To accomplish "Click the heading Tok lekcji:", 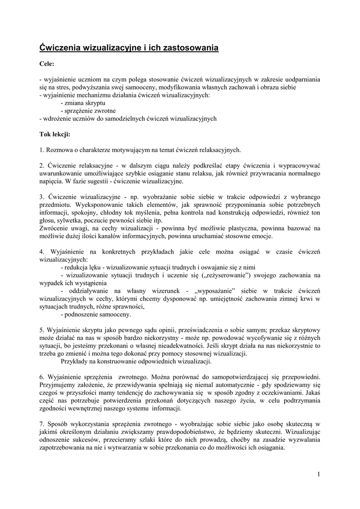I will [55, 134].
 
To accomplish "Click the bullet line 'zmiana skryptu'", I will [82, 103].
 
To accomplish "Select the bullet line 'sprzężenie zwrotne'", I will [89, 111].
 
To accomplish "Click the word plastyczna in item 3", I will [263, 228].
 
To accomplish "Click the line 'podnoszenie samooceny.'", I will [95, 314].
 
